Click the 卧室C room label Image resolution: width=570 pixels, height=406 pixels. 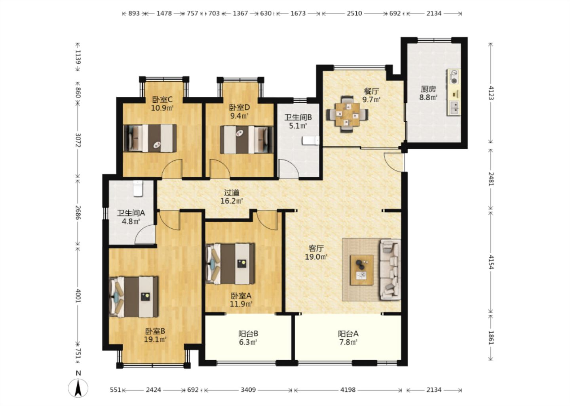tap(162, 100)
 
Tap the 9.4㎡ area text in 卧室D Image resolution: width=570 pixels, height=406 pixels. tap(239, 116)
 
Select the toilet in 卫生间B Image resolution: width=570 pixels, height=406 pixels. tap(311, 140)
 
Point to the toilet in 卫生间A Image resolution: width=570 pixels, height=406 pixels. tap(138, 189)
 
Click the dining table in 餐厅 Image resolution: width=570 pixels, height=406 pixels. tap(348, 115)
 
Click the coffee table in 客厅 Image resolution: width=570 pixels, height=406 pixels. tap(362, 270)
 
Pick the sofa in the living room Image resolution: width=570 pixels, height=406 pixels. tap(390, 269)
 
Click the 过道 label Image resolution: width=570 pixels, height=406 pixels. tap(232, 192)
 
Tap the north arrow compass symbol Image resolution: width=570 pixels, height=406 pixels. tap(78, 388)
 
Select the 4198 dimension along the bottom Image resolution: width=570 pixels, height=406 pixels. tap(348, 390)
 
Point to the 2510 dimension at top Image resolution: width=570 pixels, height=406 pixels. tap(354, 13)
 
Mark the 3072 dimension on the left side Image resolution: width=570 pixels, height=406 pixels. tap(78, 140)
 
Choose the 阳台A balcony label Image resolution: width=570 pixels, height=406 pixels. tap(348, 333)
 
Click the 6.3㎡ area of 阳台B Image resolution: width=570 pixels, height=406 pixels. tap(248, 342)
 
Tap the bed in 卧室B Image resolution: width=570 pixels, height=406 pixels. tap(134, 297)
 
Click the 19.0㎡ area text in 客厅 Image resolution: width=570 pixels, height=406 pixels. tap(316, 257)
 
